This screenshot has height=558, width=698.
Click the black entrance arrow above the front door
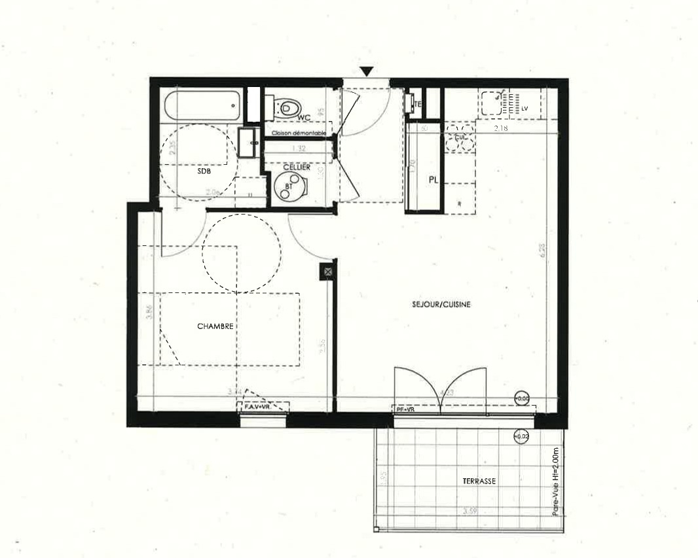[367, 71]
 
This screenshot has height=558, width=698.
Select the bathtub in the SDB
[202, 105]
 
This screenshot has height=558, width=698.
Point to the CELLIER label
[296, 167]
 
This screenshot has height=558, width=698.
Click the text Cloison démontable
[299, 133]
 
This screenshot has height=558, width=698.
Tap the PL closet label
[433, 180]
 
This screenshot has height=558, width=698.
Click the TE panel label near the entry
[417, 103]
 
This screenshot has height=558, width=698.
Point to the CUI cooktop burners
[459, 139]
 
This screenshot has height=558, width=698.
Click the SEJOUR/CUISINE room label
[441, 304]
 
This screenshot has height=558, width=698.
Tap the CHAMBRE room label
[215, 326]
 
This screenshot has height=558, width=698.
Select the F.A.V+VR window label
[256, 407]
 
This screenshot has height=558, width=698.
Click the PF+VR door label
[406, 410]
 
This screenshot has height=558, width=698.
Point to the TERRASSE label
[479, 481]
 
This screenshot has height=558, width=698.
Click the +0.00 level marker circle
[522, 398]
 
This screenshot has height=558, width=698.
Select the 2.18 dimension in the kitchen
[500, 129]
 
